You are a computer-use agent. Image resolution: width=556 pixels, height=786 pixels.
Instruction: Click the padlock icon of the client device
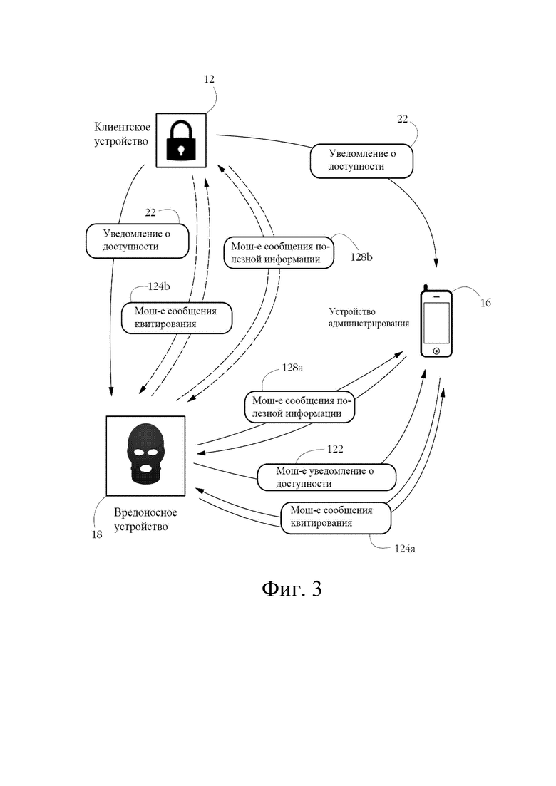[180, 140]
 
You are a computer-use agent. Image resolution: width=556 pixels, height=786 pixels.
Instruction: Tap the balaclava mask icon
[145, 455]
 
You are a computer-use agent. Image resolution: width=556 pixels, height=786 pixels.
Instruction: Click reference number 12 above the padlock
[209, 79]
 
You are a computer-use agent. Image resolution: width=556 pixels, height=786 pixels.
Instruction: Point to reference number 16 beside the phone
[485, 303]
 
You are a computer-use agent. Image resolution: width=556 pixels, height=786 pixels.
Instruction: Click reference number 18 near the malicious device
[97, 534]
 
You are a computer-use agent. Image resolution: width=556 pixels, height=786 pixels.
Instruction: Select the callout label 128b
[361, 258]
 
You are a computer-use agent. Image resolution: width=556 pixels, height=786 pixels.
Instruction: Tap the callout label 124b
[159, 286]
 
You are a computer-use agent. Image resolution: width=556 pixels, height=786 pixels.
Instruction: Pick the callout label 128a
[292, 368]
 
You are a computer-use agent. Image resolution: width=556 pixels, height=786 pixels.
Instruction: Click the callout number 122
[335, 449]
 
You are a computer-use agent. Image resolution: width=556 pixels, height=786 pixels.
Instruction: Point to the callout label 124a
[405, 549]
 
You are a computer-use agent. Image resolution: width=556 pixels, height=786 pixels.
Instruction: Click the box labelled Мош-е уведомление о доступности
[326, 477]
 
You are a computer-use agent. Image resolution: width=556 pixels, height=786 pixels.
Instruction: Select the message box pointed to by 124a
[336, 518]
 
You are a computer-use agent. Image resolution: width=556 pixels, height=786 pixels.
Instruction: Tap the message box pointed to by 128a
[300, 407]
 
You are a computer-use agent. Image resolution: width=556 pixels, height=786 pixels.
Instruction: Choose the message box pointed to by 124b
[177, 318]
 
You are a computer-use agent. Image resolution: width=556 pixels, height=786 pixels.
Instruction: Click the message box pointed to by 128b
[279, 253]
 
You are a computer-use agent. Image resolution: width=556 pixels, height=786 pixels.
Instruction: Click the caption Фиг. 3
[292, 589]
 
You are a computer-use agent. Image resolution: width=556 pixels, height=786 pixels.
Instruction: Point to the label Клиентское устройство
[122, 135]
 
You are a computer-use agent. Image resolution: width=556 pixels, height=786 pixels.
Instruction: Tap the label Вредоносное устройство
[145, 519]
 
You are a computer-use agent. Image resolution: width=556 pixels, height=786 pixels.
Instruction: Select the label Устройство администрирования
[369, 318]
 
